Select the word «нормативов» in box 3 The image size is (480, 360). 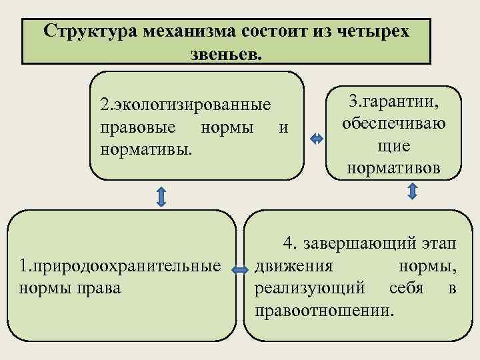click(x=393, y=168)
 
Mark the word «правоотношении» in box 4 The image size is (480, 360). click(x=323, y=309)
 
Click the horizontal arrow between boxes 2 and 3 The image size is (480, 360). click(x=317, y=139)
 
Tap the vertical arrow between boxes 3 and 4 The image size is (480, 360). click(x=412, y=193)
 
